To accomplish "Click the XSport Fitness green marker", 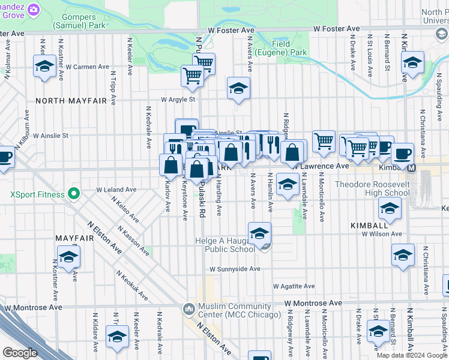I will coord(74,194).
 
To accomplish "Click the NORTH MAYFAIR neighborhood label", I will coord(71,101).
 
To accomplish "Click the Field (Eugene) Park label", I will coord(281,48).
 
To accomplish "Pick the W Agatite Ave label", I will coord(294,286).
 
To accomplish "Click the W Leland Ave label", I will coord(116,190).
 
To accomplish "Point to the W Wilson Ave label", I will coord(381,234).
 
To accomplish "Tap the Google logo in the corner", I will coord(20,353).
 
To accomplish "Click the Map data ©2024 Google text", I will coord(412,355).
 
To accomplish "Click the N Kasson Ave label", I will coord(134,241).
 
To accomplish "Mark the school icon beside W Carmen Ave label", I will coord(44,67).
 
